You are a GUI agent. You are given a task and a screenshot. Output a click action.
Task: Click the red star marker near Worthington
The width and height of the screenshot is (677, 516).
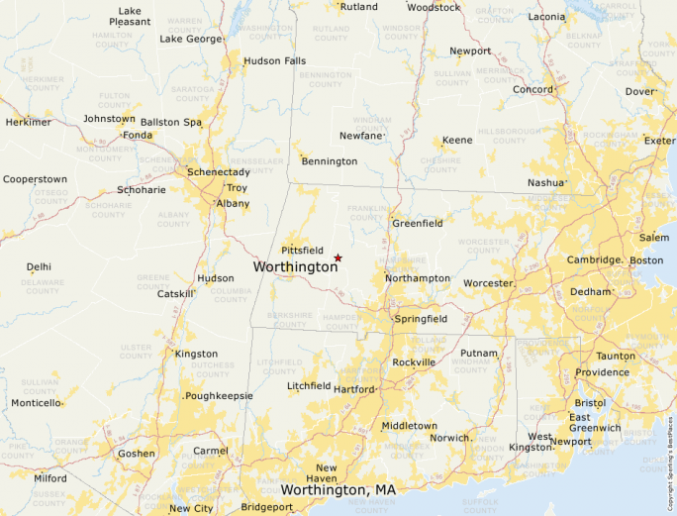point(338,258)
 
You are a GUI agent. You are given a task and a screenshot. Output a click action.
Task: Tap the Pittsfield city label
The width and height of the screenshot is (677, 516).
point(303,251)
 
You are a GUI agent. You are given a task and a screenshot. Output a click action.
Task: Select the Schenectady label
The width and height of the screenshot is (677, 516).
point(219,171)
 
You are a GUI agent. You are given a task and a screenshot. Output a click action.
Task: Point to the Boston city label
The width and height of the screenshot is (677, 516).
point(646,259)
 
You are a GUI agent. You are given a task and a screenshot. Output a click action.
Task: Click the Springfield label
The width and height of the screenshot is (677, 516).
point(421,319)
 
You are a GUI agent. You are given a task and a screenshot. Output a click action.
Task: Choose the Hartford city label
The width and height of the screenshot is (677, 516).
point(354,389)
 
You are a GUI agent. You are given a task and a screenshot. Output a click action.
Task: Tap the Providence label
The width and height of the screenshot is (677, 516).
point(602,372)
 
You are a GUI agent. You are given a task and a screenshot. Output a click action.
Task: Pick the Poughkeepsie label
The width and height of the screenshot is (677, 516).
point(219,395)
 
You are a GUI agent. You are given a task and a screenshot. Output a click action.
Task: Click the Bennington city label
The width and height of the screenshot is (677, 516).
point(330,160)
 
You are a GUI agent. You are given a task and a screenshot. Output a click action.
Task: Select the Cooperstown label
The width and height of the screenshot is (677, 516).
point(35,179)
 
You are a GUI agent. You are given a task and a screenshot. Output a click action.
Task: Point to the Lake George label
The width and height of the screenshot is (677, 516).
point(191,39)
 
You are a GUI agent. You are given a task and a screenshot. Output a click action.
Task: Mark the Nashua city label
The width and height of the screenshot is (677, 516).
point(545,183)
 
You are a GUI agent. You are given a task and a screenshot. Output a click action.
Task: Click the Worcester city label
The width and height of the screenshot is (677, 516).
point(488,283)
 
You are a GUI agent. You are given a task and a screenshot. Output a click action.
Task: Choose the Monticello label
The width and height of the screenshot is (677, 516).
point(36,403)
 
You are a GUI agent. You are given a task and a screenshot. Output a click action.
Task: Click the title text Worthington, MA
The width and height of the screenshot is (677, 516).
point(338,490)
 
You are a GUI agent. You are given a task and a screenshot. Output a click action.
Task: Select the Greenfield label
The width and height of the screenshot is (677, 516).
point(417,224)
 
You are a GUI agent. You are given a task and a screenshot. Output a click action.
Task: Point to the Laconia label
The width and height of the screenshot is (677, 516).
point(546,17)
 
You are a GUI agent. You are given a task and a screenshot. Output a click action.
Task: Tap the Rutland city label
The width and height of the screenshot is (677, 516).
point(358,7)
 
